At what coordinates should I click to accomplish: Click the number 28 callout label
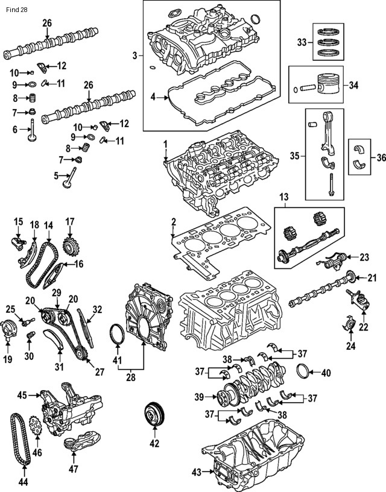pyautogui.click(x=130, y=377)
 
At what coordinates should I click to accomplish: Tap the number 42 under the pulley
pyautogui.click(x=155, y=443)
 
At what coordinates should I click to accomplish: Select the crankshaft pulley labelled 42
pyautogui.click(x=154, y=415)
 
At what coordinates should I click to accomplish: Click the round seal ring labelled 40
pyautogui.click(x=303, y=373)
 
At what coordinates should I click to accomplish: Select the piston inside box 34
pyautogui.click(x=328, y=85)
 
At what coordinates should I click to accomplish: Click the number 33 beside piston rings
pyautogui.click(x=302, y=42)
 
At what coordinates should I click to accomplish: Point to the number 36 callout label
pyautogui.click(x=381, y=157)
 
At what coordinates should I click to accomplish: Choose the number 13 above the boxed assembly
pyautogui.click(x=283, y=197)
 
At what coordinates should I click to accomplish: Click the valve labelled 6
pyautogui.click(x=32, y=130)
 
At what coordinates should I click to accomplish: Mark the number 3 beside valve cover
pyautogui.click(x=135, y=56)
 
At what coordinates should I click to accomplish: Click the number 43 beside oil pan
pyautogui.click(x=197, y=472)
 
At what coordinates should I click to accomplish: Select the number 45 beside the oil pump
pyautogui.click(x=22, y=396)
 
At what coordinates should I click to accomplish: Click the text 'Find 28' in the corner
pyautogui.click(x=17, y=10)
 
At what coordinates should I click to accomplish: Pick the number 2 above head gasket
pyautogui.click(x=174, y=222)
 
